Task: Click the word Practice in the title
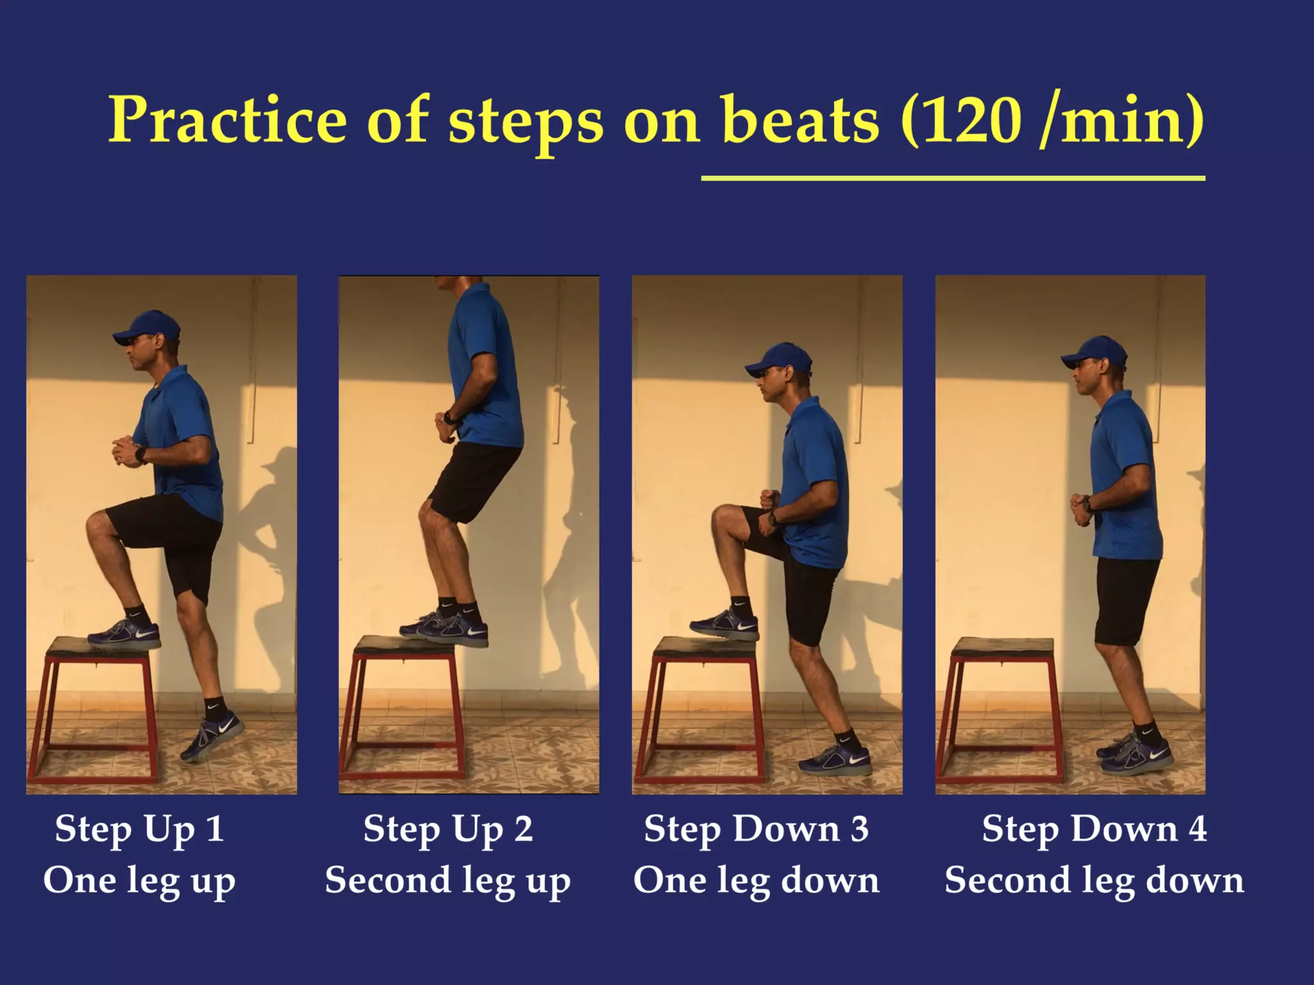coord(228,121)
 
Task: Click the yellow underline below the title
coord(953,178)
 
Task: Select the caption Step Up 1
coord(139,829)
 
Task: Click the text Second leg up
coord(447,880)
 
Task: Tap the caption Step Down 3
coord(756,829)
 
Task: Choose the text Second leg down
coord(1094,880)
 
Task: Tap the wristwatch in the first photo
coord(141,455)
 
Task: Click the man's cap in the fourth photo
coord(1095,352)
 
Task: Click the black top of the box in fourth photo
coord(1002,646)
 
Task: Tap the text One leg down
coord(756,880)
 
